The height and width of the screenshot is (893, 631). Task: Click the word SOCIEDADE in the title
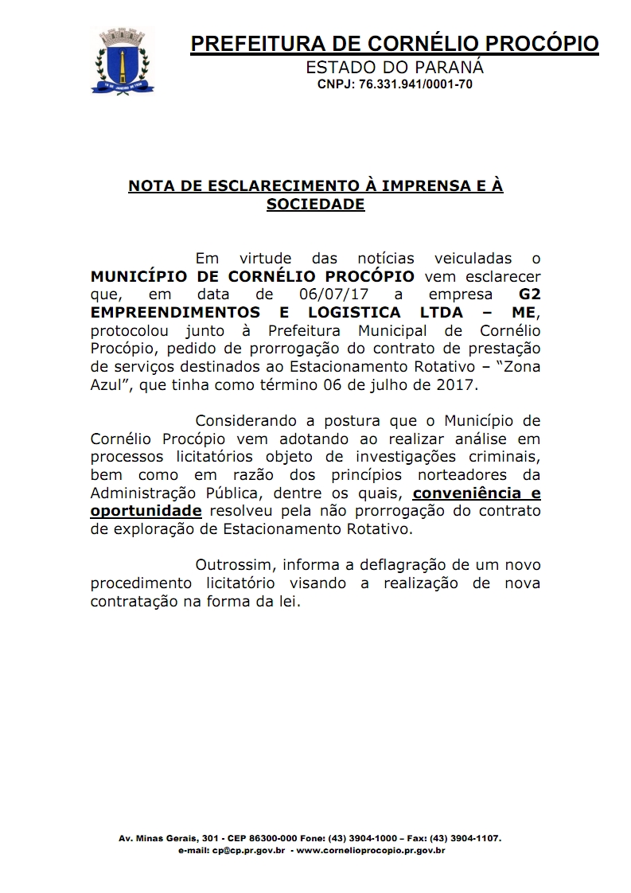click(315, 204)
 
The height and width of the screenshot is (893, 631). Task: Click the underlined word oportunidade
click(146, 511)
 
